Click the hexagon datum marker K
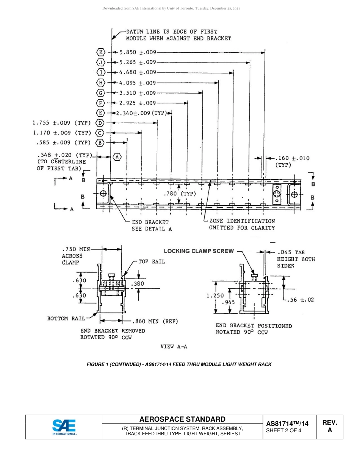100,52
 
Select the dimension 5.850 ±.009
138,52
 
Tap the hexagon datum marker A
117,156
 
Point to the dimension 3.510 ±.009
138,93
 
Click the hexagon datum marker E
100,113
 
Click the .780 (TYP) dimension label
180,194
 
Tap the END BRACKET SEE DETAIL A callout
150,225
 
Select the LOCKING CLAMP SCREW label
199,251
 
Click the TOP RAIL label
152,261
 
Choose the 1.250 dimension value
215,296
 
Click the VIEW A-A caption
174,346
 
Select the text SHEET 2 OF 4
284,430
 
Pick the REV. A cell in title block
329,426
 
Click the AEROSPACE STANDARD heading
182,419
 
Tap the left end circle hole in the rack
103,194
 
